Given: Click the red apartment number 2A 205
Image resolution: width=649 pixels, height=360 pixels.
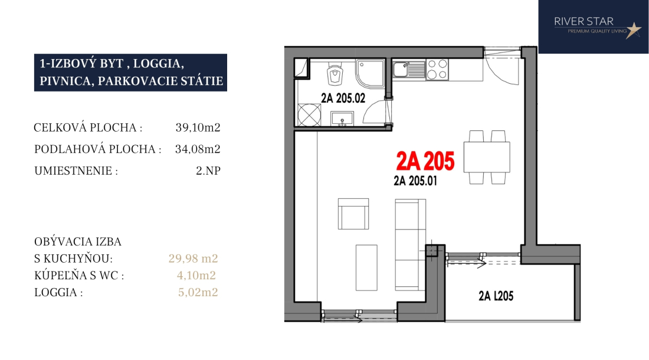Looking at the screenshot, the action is (425, 161).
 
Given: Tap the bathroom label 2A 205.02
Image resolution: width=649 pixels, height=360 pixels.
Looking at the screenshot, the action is (343, 98).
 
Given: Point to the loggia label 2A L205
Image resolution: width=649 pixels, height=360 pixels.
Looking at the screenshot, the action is (496, 296).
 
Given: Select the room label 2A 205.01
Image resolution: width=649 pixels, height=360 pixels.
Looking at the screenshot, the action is (415, 181).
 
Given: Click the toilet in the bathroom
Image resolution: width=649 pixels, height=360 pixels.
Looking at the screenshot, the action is (335, 74).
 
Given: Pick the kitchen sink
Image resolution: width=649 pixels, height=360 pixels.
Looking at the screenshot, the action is (408, 70).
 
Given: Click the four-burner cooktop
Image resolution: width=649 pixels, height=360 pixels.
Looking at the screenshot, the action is (437, 70).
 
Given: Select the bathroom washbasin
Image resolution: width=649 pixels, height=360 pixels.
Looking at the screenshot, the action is (342, 119).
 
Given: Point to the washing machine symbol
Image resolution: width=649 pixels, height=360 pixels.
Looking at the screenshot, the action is (309, 114).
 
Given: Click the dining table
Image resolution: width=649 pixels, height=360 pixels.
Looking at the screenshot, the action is (487, 157).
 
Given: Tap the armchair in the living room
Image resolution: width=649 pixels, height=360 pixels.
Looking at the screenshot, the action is (353, 214).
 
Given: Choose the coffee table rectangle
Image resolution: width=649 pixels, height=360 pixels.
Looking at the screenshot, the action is (366, 267).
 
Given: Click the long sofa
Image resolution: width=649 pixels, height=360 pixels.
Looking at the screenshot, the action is (410, 244).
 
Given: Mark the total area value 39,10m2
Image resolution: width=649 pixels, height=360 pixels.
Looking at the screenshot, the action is (198, 127).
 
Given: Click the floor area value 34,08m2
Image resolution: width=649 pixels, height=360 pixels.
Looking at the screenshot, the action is (198, 149).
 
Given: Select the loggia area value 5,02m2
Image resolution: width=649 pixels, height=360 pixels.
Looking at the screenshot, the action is (198, 292).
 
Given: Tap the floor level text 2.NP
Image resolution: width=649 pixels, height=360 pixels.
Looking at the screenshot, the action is (208, 171).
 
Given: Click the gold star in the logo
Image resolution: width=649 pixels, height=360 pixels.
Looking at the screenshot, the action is (633, 30).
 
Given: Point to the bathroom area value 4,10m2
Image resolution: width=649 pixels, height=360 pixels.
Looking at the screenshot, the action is (196, 275).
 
